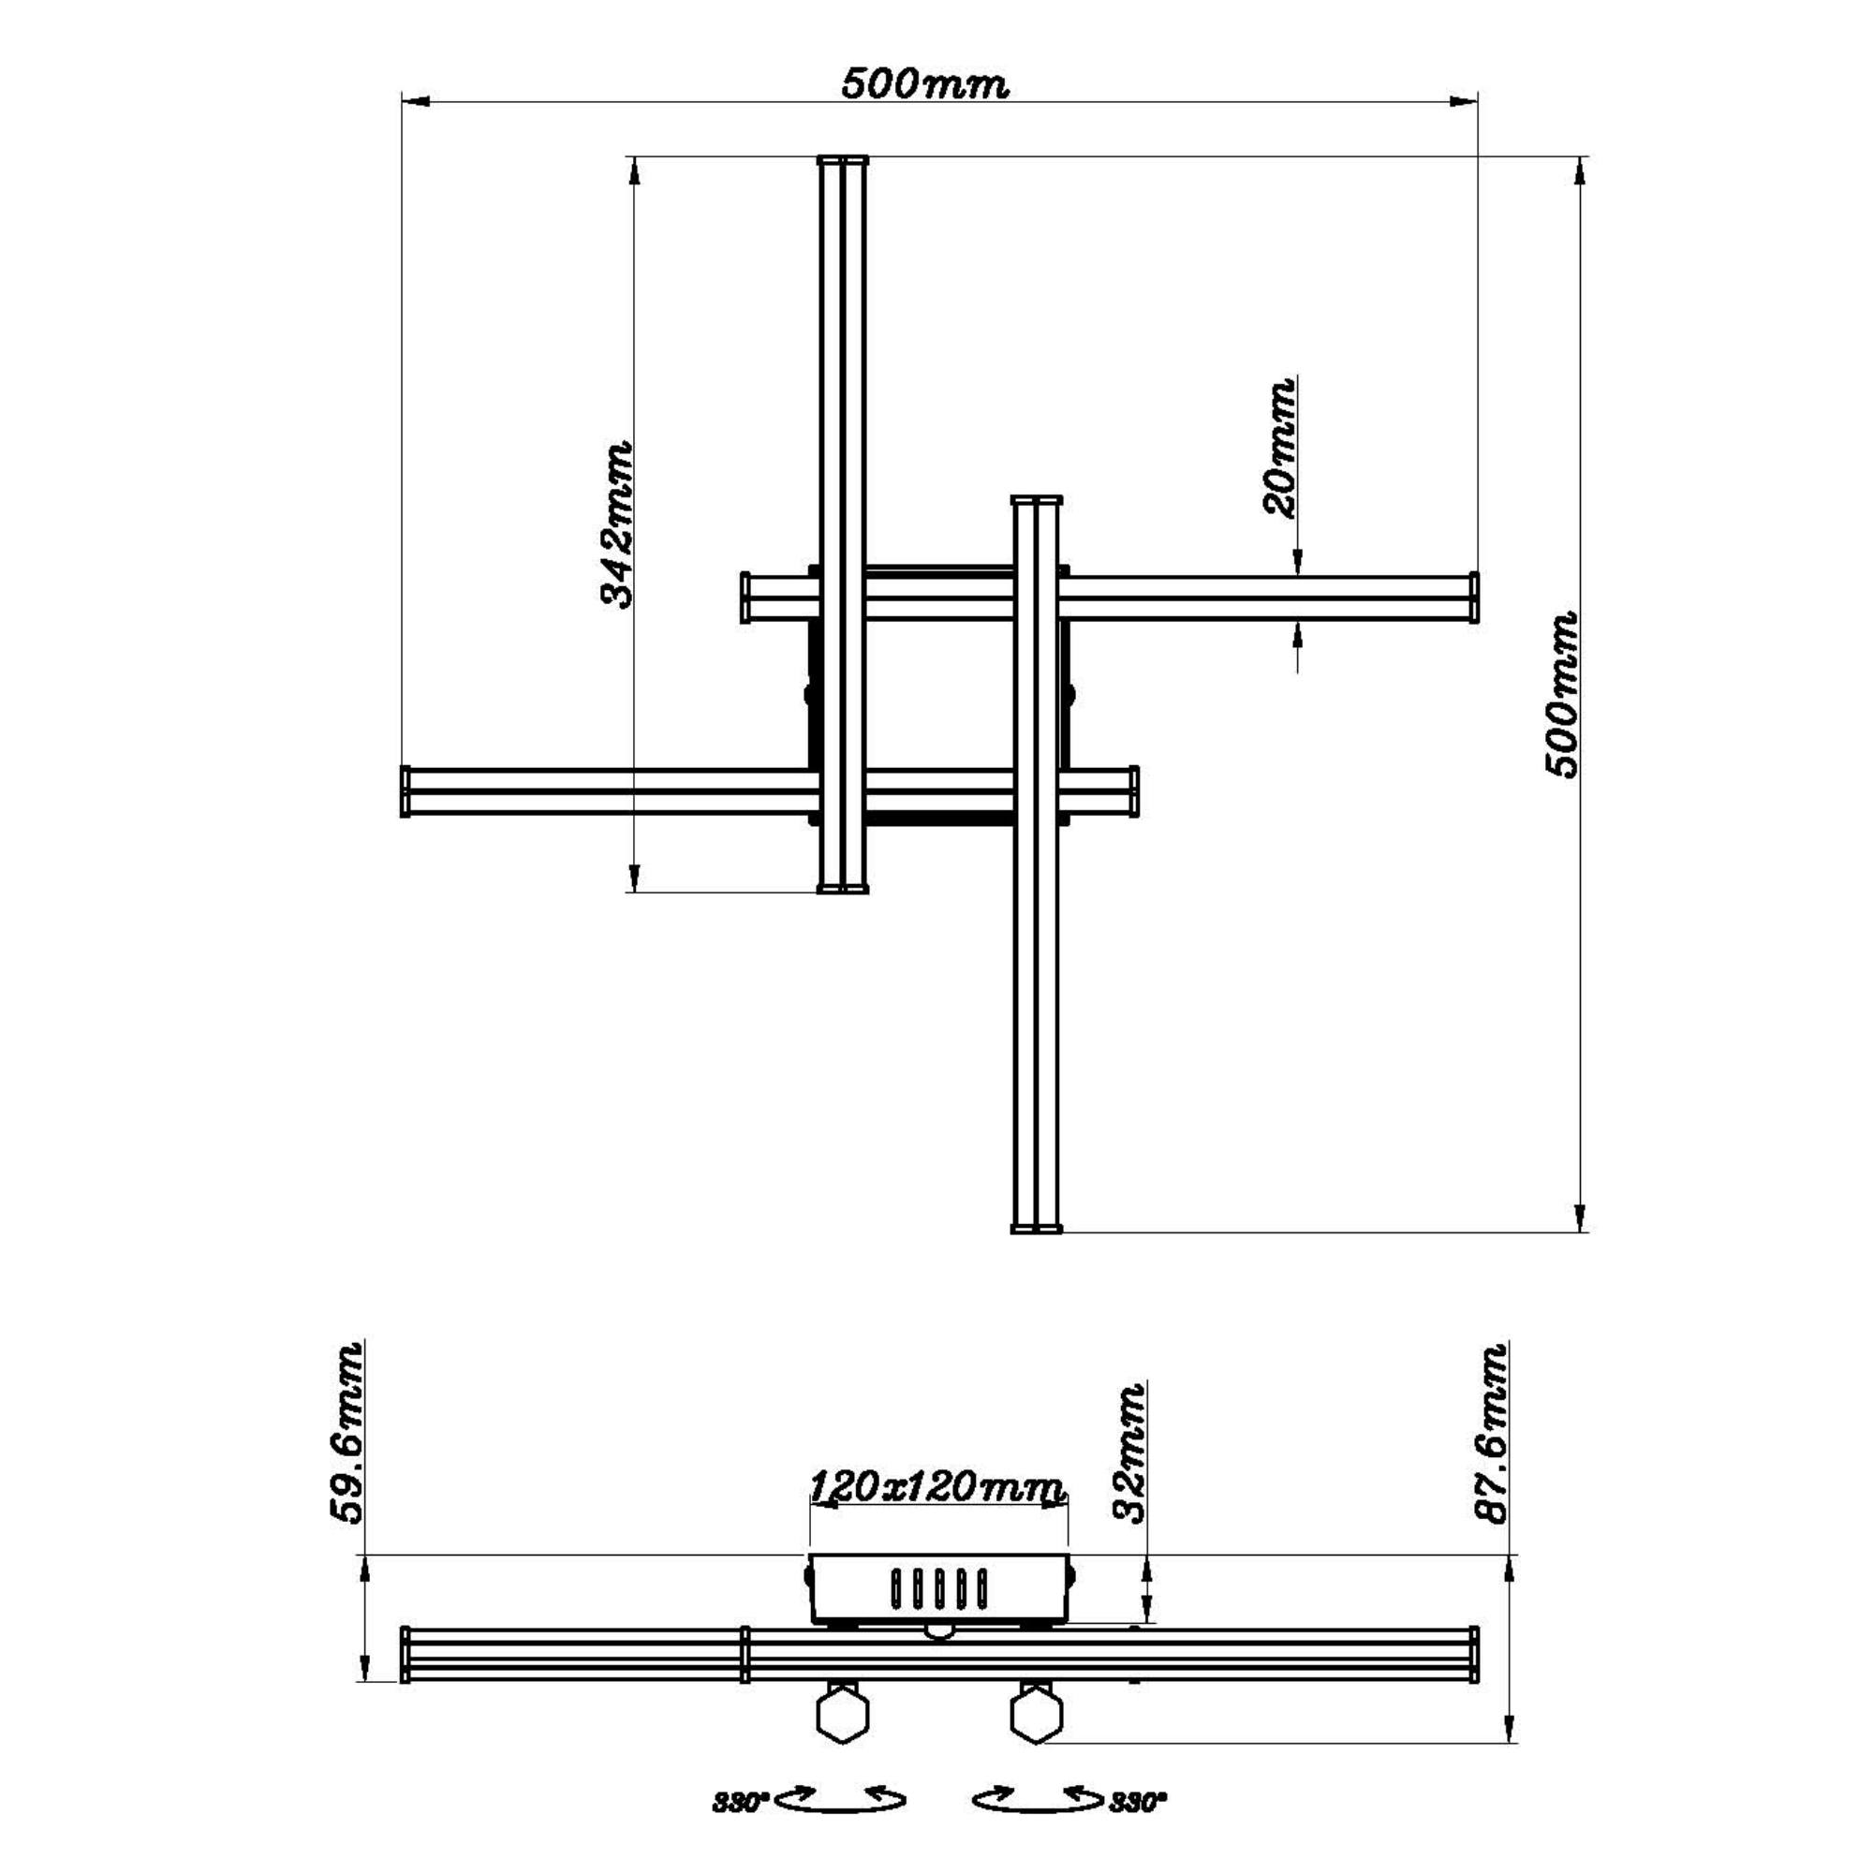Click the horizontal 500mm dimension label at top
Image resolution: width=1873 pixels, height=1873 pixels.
pos(924,84)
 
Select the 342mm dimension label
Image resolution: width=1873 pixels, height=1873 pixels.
pos(616,524)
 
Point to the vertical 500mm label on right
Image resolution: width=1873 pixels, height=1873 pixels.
pos(1561,694)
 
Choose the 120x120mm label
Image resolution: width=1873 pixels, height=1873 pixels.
pos(937,1486)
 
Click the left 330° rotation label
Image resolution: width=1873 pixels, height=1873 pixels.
pos(741,1803)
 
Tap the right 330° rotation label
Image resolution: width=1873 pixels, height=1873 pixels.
pos(1138,1803)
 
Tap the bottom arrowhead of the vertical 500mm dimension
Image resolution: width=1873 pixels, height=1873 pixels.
pos(1579,1217)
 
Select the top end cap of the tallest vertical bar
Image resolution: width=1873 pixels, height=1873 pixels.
pos(843,160)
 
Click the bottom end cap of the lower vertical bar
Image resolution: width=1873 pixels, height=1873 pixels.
pos(1037,1229)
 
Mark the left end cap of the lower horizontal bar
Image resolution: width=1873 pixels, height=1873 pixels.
pos(406,791)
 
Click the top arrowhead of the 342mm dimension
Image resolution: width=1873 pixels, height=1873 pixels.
pos(634,170)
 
